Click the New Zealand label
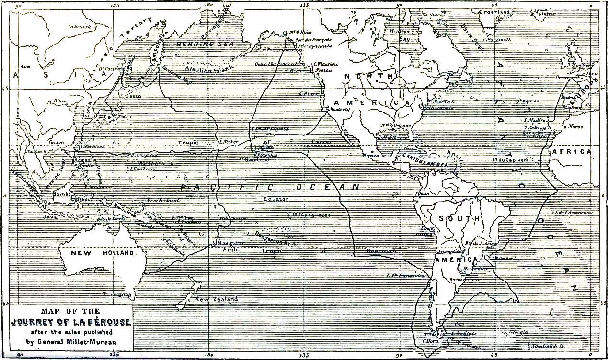click(216, 299)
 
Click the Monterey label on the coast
click(340, 109)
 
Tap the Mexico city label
click(370, 156)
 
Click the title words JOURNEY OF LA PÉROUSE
click(70, 322)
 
